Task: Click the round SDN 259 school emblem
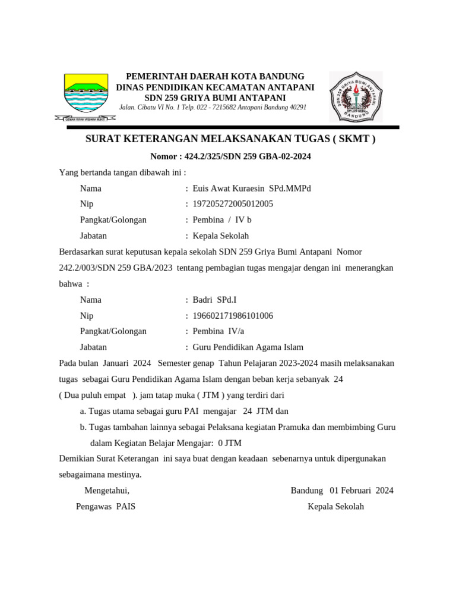(356, 96)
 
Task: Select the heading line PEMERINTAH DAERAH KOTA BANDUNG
(215, 77)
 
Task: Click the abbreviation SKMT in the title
(354, 139)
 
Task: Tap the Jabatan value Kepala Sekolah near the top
(221, 236)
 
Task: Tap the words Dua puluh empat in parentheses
(94, 395)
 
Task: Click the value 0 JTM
(230, 443)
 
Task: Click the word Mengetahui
(107, 491)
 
